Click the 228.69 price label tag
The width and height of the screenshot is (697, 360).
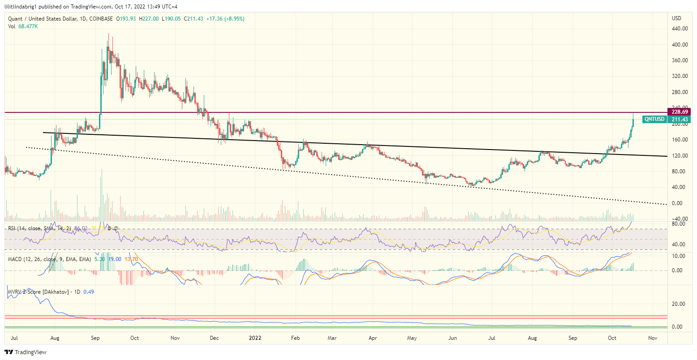679,111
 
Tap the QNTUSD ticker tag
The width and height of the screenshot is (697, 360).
654,119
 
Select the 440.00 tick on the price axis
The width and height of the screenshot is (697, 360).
679,29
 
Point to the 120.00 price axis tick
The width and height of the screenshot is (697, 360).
679,156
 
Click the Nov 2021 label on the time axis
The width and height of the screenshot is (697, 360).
175,338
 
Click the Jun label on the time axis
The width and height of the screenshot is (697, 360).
452,338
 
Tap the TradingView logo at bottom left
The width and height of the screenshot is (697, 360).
26,352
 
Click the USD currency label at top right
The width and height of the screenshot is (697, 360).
676,18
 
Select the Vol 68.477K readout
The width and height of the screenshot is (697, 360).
23,26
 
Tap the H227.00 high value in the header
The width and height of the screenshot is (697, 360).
149,19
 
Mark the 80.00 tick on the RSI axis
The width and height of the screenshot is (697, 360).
678,224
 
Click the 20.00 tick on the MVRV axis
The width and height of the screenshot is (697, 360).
678,304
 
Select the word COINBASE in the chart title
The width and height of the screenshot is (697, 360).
101,19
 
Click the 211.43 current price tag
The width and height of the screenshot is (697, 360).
679,119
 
